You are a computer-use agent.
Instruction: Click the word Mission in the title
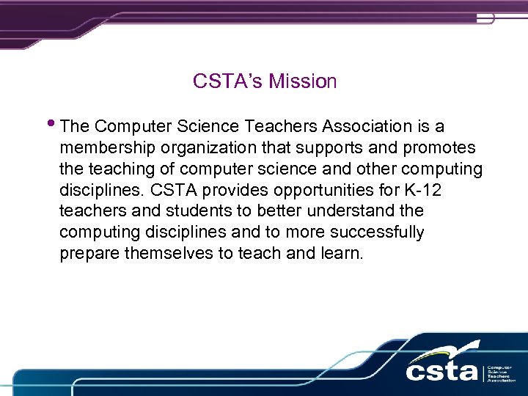tap(303, 81)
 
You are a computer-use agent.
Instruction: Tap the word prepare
tap(87, 254)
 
